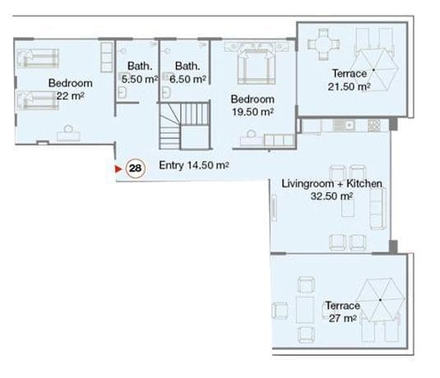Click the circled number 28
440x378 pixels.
pyautogui.click(x=135, y=168)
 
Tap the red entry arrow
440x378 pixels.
pyautogui.click(x=118, y=168)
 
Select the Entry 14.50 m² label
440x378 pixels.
pyautogui.click(x=194, y=165)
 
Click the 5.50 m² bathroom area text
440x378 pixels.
pyautogui.click(x=139, y=80)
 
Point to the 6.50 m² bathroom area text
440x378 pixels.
pyautogui.click(x=188, y=80)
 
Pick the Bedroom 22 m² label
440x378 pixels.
pyautogui.click(x=70, y=90)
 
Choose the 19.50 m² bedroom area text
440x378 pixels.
pyautogui.click(x=252, y=112)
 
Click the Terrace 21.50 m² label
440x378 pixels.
pyautogui.click(x=349, y=80)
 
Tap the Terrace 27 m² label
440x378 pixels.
pyautogui.click(x=343, y=311)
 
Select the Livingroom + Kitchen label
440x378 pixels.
pyautogui.click(x=331, y=184)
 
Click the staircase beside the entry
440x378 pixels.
pyautogui.click(x=184, y=126)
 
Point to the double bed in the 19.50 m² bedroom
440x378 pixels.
pyautogui.click(x=257, y=66)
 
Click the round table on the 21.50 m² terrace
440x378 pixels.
pyautogui.click(x=323, y=44)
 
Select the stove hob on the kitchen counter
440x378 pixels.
pyautogui.click(x=374, y=126)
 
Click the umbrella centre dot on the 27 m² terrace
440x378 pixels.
pyautogui.click(x=380, y=300)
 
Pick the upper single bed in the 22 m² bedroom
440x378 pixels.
pyautogui.click(x=38, y=58)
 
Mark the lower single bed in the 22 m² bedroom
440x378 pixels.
pyautogui.click(x=38, y=100)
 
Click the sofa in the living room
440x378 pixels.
pyautogui.click(x=377, y=209)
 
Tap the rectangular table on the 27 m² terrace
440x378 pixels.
pyautogui.click(x=305, y=310)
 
